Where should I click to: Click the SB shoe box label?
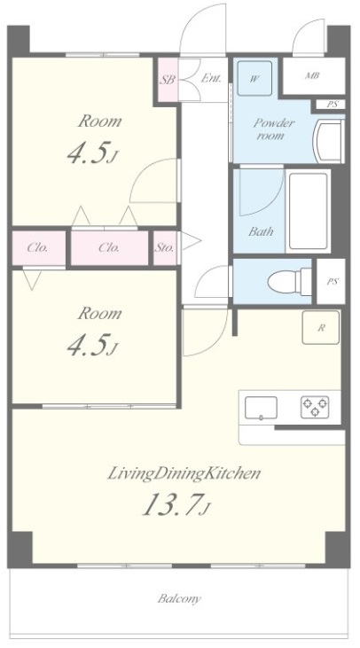tap(168, 80)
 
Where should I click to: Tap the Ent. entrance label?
tap(211, 78)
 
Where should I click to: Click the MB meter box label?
tap(312, 76)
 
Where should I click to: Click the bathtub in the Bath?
tap(309, 211)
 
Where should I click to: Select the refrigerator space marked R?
tap(321, 328)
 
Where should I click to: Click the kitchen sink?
tap(261, 408)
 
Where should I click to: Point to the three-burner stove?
tap(315, 407)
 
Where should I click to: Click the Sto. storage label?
tap(165, 248)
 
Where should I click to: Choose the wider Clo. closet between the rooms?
tap(110, 247)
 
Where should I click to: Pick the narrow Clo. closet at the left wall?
tap(38, 247)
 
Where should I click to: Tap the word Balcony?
tap(179, 598)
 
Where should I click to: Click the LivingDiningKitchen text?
tap(184, 473)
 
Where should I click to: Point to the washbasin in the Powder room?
tap(329, 141)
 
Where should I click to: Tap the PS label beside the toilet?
tap(332, 282)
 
